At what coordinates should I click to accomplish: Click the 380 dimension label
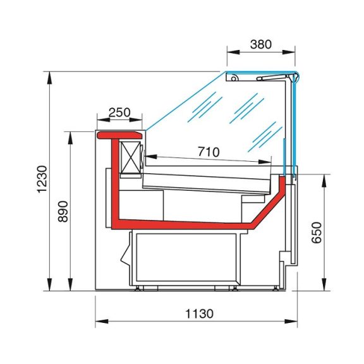coord(261,44)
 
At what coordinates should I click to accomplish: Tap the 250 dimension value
coord(119,112)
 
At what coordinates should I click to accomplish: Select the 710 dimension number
coord(209,152)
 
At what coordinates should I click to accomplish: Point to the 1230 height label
coord(43,179)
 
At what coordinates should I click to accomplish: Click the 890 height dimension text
coord(63,212)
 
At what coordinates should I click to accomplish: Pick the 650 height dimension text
coord(317,233)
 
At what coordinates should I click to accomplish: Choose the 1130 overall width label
coord(199,314)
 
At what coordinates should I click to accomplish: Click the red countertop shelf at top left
coord(120,135)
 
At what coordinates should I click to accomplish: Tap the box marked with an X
coord(131,157)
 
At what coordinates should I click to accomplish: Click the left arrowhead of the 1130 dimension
coord(102,322)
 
